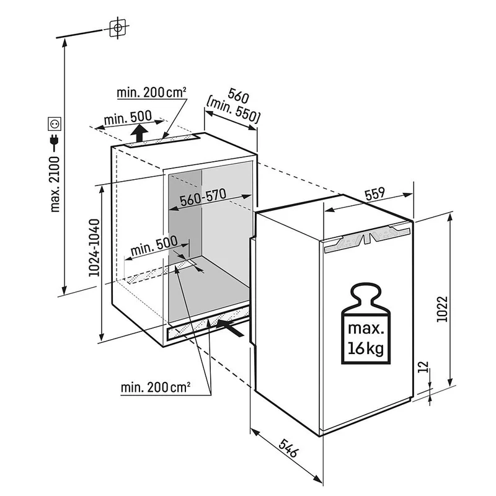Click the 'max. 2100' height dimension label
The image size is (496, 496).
click(x=55, y=184)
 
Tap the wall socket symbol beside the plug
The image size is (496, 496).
click(x=55, y=123)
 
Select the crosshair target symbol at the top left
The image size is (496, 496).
click(x=118, y=28)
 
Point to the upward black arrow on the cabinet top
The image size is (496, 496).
click(x=139, y=133)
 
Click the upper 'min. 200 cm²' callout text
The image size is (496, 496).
click(x=151, y=92)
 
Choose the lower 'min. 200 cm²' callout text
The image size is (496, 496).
click(x=156, y=387)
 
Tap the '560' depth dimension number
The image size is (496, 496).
click(x=239, y=96)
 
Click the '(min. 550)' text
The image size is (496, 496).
click(x=233, y=111)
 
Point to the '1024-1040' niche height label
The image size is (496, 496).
click(x=94, y=247)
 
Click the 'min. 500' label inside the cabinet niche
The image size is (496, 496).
click(x=154, y=246)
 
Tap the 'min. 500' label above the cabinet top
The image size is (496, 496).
click(x=128, y=117)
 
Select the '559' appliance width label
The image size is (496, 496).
click(x=374, y=193)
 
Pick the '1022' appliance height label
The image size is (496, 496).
click(x=442, y=309)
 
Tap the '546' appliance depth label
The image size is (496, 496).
click(x=288, y=448)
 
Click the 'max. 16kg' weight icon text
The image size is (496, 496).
click(x=366, y=339)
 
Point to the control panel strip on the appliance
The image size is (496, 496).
click(x=368, y=239)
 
